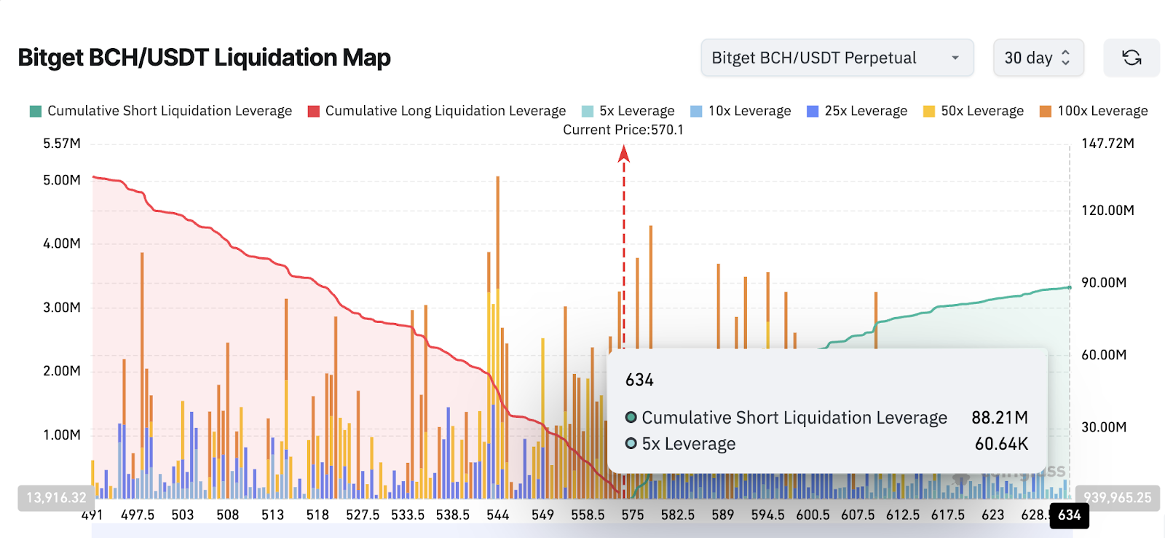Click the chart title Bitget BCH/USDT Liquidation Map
pyautogui.click(x=204, y=58)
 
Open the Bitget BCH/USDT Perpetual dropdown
pyautogui.click(x=837, y=58)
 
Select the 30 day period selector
pyautogui.click(x=1038, y=58)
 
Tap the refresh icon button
pyautogui.click(x=1131, y=58)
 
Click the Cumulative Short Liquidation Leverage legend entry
pyautogui.click(x=161, y=111)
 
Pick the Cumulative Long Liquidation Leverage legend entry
pyautogui.click(x=437, y=111)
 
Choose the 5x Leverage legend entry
pyautogui.click(x=628, y=111)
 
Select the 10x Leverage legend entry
pyautogui.click(x=741, y=111)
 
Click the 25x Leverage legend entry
pyautogui.click(x=857, y=111)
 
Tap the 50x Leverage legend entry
pyautogui.click(x=974, y=111)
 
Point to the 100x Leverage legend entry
pyautogui.click(x=1094, y=111)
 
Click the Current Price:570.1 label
pyautogui.click(x=623, y=130)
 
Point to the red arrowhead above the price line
pyautogui.click(x=623, y=153)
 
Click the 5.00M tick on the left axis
pyautogui.click(x=62, y=180)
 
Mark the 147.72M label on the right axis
pyautogui.click(x=1107, y=144)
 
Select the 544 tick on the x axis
pyautogui.click(x=498, y=515)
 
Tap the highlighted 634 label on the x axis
pyautogui.click(x=1069, y=515)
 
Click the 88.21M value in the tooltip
pyautogui.click(x=999, y=418)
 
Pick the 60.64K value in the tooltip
pyautogui.click(x=1001, y=444)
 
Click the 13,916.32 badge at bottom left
pyautogui.click(x=56, y=498)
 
